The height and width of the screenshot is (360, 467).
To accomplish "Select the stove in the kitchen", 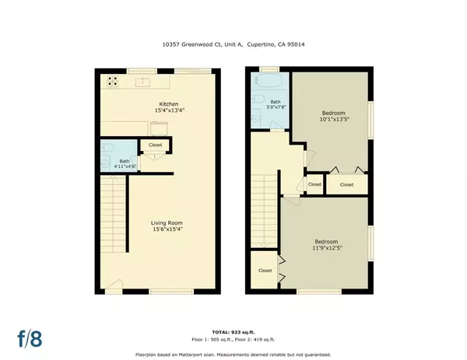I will (112, 80).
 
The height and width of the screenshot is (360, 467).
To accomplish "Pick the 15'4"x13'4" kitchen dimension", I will (169, 110).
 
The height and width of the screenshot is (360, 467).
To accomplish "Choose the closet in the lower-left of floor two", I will (265, 271).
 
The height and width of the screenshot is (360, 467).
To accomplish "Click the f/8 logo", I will (30, 337).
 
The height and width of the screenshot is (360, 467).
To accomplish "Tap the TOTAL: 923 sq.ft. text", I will (233, 332).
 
